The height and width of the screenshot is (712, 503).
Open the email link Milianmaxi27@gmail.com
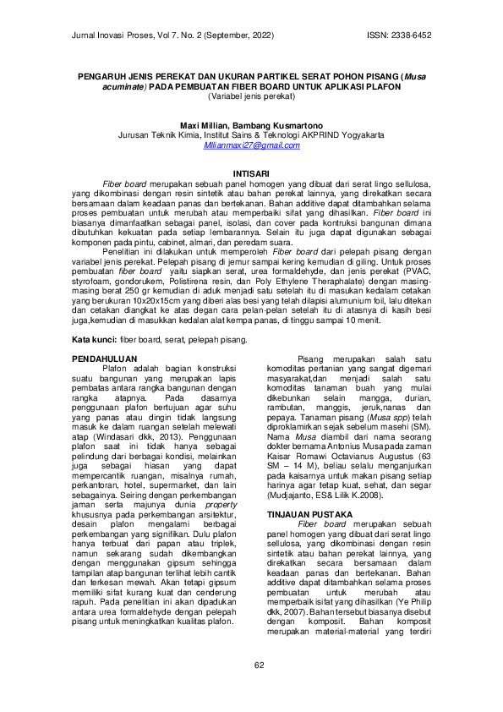[252, 146]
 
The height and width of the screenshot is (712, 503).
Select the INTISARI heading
[251, 173]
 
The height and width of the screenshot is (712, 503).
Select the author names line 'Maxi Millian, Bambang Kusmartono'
[252, 124]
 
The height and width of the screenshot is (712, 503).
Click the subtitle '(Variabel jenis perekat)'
[251, 96]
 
